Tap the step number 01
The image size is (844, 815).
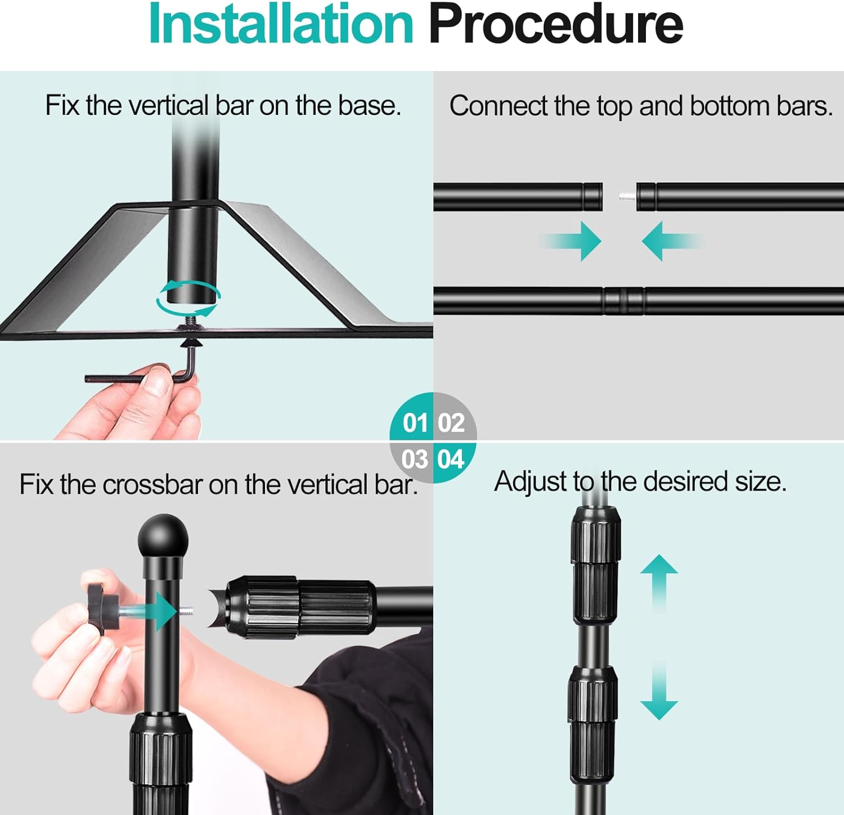pyautogui.click(x=415, y=423)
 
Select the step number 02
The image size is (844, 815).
pyautogui.click(x=451, y=423)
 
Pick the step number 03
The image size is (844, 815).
pyautogui.click(x=415, y=459)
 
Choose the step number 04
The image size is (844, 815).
pyautogui.click(x=451, y=459)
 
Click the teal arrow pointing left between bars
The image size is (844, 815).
pyautogui.click(x=672, y=241)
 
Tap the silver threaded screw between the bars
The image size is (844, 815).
pyautogui.click(x=627, y=197)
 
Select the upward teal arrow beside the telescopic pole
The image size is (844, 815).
pyautogui.click(x=659, y=584)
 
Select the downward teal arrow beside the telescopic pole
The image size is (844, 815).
pyautogui.click(x=659, y=690)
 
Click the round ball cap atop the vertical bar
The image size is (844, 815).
pyautogui.click(x=163, y=538)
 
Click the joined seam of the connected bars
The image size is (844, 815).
pyautogui.click(x=624, y=301)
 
